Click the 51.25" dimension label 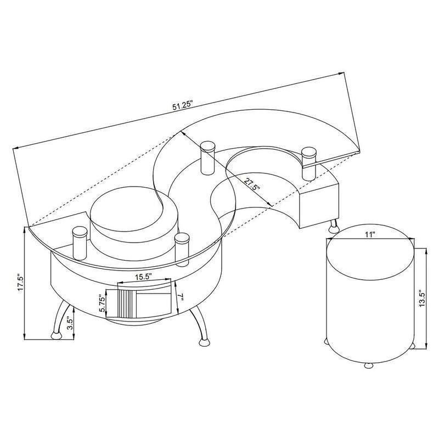tap(183, 105)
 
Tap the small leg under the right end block tap(333, 224)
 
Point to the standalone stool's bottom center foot tap(368, 364)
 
